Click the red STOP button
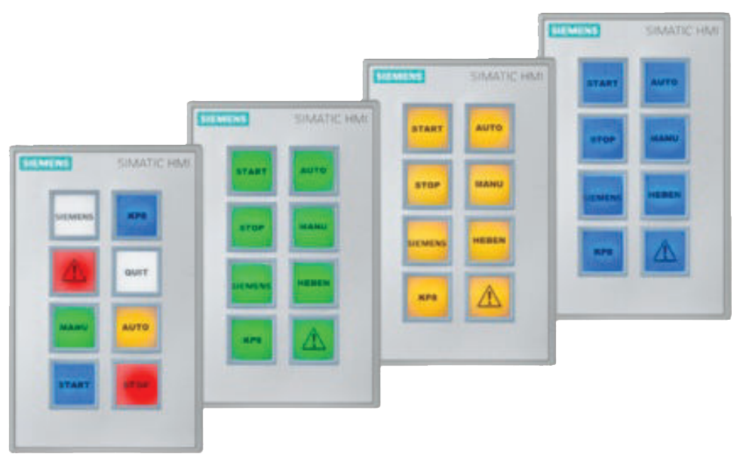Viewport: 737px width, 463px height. pyautogui.click(x=137, y=385)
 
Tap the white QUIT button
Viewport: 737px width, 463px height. pyautogui.click(x=137, y=272)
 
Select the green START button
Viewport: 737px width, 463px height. pyautogui.click(x=251, y=171)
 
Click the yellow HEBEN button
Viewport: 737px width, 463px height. pyautogui.click(x=489, y=241)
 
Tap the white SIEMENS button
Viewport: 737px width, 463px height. pyautogui.click(x=74, y=216)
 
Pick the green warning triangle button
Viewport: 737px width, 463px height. pyautogui.click(x=314, y=340)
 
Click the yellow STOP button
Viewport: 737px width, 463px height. pyautogui.click(x=427, y=185)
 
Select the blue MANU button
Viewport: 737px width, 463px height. pyautogui.click(x=665, y=138)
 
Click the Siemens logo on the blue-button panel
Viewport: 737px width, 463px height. pyautogui.click(x=574, y=31)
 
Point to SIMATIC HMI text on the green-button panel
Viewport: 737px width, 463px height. pyautogui.click(x=330, y=119)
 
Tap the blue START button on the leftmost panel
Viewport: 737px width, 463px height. pyautogui.click(x=74, y=385)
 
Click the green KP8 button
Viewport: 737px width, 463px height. pyautogui.click(x=251, y=340)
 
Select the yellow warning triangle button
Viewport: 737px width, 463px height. pyautogui.click(x=489, y=297)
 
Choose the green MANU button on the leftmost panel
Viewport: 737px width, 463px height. pyautogui.click(x=74, y=327)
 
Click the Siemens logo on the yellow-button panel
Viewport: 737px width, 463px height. pyautogui.click(x=399, y=76)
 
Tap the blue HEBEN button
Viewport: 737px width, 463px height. pyautogui.click(x=665, y=195)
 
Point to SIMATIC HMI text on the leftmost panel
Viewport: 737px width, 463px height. pyautogui.click(x=153, y=164)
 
